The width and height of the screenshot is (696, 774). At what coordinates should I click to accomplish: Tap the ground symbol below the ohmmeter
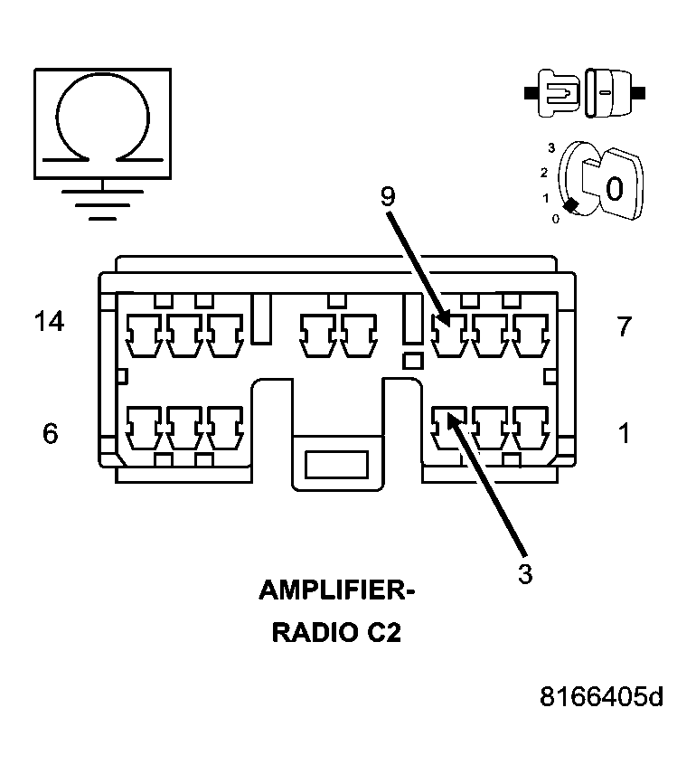pyautogui.click(x=103, y=203)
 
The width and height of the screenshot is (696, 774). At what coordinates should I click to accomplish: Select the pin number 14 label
pyautogui.click(x=50, y=321)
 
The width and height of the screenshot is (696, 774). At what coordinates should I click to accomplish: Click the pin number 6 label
pyautogui.click(x=50, y=433)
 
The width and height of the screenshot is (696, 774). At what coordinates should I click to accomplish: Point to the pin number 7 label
pyautogui.click(x=624, y=326)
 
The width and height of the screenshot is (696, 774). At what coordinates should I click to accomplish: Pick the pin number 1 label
pyautogui.click(x=625, y=433)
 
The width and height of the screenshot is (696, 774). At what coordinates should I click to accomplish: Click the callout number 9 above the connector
pyautogui.click(x=388, y=196)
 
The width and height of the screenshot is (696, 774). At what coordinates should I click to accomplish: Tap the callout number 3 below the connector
pyautogui.click(x=525, y=574)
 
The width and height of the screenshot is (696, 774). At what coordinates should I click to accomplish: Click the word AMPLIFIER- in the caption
pyautogui.click(x=336, y=590)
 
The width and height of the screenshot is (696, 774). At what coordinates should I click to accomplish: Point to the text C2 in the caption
pyautogui.click(x=383, y=632)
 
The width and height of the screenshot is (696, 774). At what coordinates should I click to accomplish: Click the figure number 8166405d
pyautogui.click(x=601, y=697)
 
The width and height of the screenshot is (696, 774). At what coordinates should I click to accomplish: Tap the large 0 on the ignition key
pyautogui.click(x=614, y=189)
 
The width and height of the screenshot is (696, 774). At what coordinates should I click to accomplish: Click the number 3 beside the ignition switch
pyautogui.click(x=551, y=147)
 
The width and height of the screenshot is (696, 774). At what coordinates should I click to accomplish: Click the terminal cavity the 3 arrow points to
pyautogui.click(x=449, y=428)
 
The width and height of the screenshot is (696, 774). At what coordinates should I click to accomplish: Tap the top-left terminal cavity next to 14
pyautogui.click(x=144, y=335)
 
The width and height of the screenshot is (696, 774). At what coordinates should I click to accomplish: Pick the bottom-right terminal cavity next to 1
pyautogui.click(x=531, y=428)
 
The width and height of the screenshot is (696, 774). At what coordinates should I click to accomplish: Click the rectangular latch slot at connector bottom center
pyautogui.click(x=336, y=464)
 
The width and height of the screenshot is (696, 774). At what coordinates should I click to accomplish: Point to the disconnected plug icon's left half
pyautogui.click(x=557, y=93)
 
